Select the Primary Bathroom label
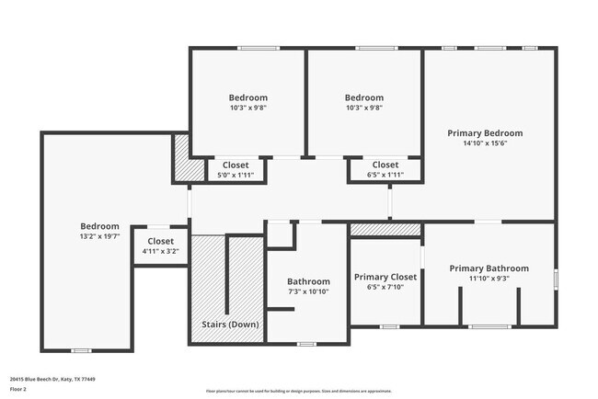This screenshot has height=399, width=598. click(489, 268)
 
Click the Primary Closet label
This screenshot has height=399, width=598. click(385, 277)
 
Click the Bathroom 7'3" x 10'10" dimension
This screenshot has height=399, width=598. click(308, 291)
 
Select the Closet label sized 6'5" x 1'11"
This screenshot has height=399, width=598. click(385, 165)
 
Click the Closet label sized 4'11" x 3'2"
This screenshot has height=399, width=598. click(160, 241)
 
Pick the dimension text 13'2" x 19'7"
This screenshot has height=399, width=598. click(99, 236)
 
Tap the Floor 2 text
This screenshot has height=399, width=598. click(18, 389)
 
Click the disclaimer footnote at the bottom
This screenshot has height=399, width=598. click(298, 390)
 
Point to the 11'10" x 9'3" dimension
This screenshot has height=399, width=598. click(489, 279)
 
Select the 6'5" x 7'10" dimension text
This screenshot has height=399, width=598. click(385, 287)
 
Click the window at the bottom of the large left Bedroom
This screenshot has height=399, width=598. click(81, 350)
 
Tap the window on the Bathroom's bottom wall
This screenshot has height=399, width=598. click(306, 344)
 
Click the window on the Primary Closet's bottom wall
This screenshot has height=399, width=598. click(389, 326)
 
